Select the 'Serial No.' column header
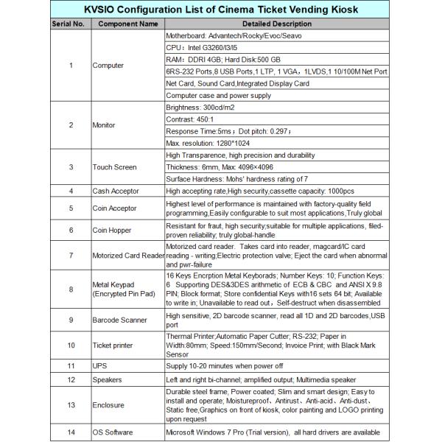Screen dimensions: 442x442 point(70,23)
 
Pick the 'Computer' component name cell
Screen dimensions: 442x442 point(108,65)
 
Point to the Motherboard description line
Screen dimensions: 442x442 point(225,34)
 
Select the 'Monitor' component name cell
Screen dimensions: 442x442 point(103,125)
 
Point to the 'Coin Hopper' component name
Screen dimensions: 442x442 point(110,230)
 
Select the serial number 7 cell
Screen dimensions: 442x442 point(70,255)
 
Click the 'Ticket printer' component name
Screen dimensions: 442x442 point(113,345)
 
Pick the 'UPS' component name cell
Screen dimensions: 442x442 point(99,365)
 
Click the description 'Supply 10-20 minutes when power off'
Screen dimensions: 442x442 point(225,365)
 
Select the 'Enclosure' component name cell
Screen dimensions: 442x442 point(108,405)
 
